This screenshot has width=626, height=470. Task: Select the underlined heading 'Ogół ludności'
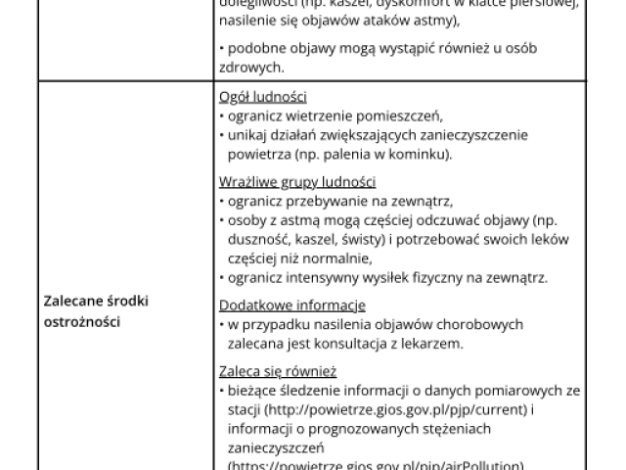pyautogui.click(x=263, y=97)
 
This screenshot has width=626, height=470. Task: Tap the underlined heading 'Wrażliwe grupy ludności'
pyautogui.click(x=297, y=182)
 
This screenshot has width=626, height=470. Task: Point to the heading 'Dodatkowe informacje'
pyautogui.click(x=292, y=305)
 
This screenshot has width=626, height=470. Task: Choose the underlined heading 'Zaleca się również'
pyautogui.click(x=278, y=371)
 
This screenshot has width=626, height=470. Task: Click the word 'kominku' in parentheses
pyautogui.click(x=422, y=154)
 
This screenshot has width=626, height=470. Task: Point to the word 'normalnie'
pyautogui.click(x=336, y=258)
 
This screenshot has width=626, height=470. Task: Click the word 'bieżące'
pyautogui.click(x=252, y=390)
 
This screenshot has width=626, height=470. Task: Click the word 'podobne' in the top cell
pyautogui.click(x=254, y=48)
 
